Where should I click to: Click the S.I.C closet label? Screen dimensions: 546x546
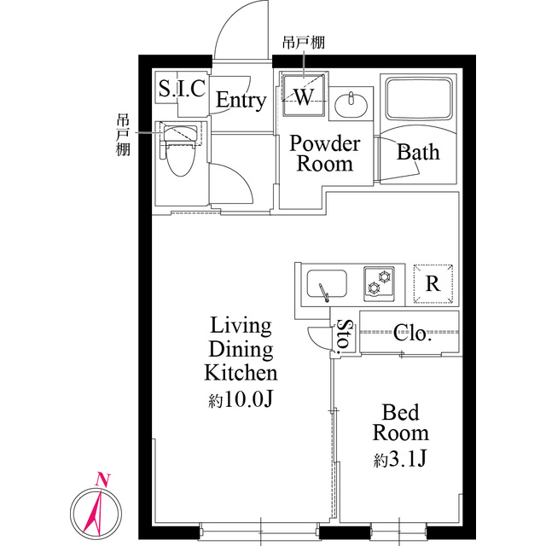coord(182,89)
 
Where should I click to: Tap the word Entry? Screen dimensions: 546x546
coord(241,101)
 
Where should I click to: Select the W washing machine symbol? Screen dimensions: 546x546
coord(304,95)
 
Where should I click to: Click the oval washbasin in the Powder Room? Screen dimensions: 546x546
coord(351,104)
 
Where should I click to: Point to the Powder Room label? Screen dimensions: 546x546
coord(324,154)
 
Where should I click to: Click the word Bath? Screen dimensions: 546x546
coord(418,153)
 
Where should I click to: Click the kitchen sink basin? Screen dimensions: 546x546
coord(327,283)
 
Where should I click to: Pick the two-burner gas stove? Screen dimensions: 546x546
coord(379,284)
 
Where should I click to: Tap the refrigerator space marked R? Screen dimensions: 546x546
coord(433,284)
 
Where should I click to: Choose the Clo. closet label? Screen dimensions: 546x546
coord(412,333)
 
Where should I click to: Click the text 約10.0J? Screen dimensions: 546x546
coord(241,400)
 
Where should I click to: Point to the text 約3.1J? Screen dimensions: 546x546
coord(400,460)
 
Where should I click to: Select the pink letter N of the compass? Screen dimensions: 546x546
coord(103,479)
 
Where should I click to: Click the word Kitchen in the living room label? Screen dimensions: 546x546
coord(241,373)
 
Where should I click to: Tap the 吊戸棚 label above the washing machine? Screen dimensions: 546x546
coord(304,43)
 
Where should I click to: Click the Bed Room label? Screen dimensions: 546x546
coord(400,422)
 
